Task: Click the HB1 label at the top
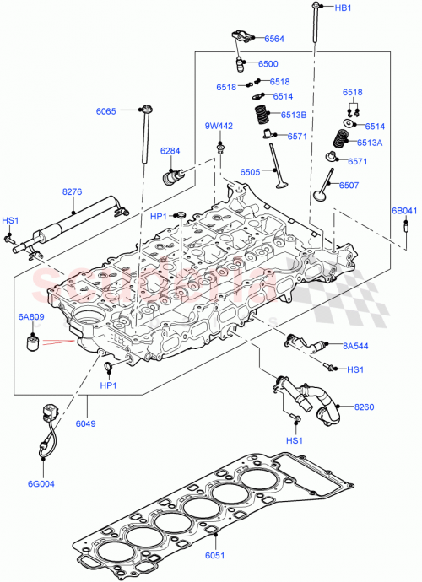click(x=344, y=8)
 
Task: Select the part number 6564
click(x=274, y=39)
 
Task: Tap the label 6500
click(x=268, y=63)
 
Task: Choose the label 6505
click(x=250, y=171)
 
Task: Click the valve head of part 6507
click(x=320, y=196)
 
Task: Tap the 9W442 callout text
click(x=218, y=126)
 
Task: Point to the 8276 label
click(x=72, y=192)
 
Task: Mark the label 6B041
click(x=403, y=210)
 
